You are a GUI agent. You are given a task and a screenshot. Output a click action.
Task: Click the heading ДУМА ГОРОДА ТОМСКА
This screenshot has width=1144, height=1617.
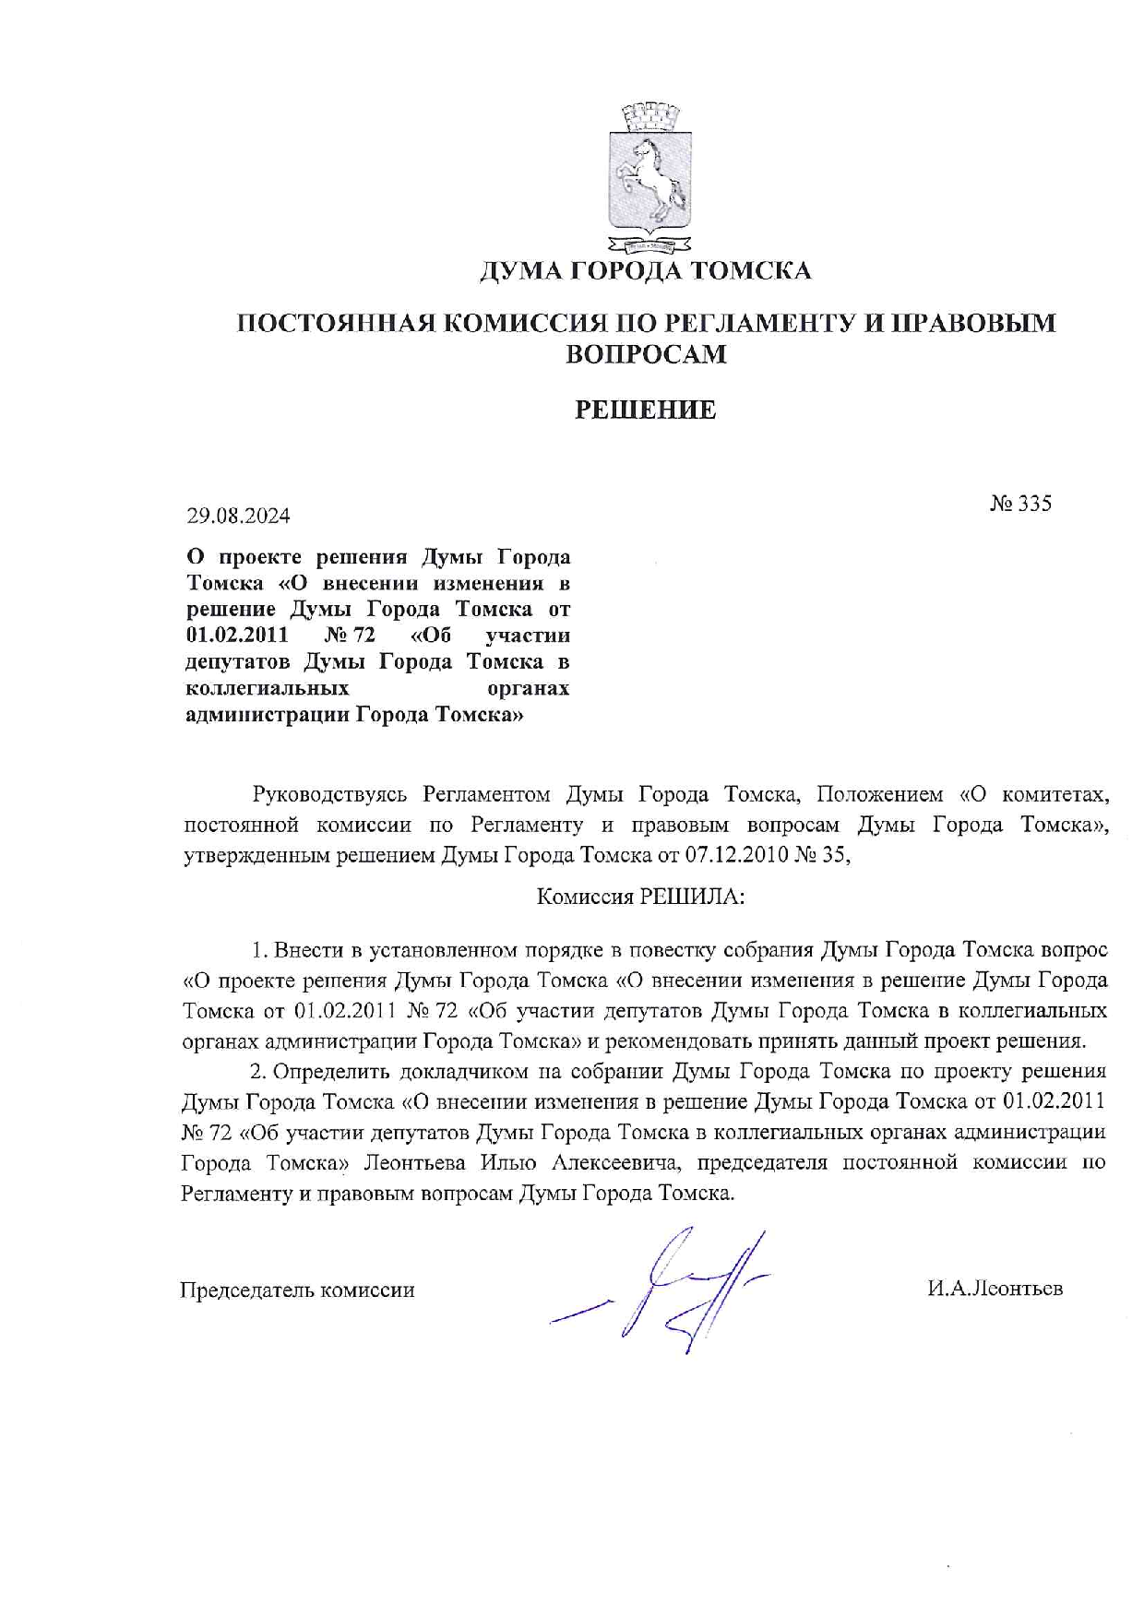(x=646, y=270)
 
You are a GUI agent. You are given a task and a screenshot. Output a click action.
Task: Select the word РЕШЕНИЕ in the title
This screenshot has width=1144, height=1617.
(x=646, y=410)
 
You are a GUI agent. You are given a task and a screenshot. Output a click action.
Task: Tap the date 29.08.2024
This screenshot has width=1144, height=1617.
(x=239, y=516)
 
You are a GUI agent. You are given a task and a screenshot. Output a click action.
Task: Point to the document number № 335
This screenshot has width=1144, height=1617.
(x=1020, y=504)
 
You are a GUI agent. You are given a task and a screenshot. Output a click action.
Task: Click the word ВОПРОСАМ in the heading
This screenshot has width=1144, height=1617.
(x=646, y=354)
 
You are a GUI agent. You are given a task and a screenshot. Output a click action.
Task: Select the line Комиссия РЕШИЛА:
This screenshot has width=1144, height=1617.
(x=640, y=896)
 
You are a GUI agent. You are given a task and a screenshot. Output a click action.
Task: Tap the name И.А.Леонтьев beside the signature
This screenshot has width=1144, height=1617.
(x=995, y=1288)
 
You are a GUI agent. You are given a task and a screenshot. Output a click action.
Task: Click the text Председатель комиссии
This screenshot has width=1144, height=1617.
(x=297, y=1290)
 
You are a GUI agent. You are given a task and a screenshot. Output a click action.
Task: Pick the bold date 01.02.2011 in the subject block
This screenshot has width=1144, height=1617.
(x=237, y=636)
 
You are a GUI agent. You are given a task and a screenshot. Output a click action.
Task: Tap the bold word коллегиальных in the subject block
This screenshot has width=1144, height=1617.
(x=268, y=688)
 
